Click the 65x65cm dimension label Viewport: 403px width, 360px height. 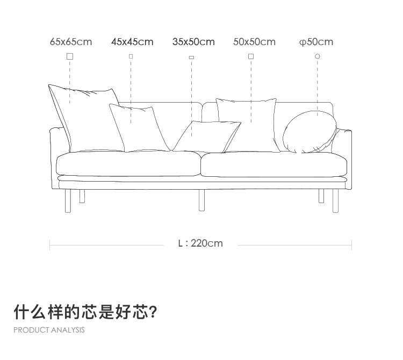coord(71,42)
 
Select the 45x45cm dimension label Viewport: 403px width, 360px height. coord(132,42)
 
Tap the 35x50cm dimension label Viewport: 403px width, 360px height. coord(193,42)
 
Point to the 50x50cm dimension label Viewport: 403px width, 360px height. coord(254,42)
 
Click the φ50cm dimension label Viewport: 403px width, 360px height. coord(316,42)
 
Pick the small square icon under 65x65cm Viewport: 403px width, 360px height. coord(70,56)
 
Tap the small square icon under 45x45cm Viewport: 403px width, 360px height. coord(131,56)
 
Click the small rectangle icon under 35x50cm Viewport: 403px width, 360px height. coord(191,57)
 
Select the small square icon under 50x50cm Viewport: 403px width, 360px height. coord(251,56)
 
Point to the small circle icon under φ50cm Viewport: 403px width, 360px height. coord(318,56)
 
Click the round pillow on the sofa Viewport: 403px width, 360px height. coord(309,132)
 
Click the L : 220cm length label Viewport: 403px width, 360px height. coord(200,243)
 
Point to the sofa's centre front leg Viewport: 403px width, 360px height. coord(201,199)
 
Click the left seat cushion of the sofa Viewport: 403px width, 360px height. coord(128,164)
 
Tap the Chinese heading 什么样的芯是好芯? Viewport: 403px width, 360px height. coord(85,312)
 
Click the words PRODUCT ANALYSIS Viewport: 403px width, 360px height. coord(49,330)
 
